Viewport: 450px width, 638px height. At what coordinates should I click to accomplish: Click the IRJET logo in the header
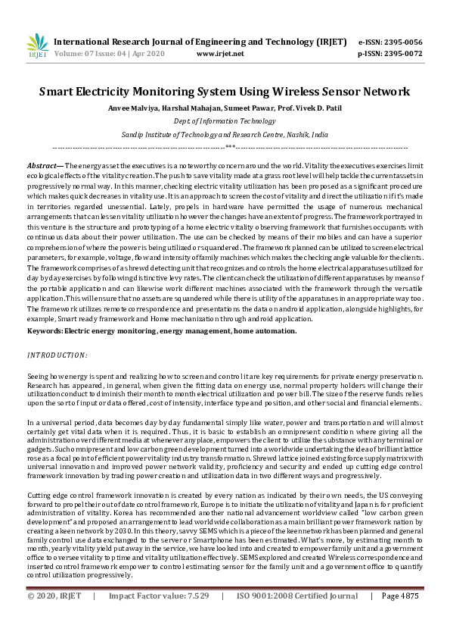click(37, 45)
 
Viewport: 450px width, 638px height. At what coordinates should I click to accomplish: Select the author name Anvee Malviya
click(133, 108)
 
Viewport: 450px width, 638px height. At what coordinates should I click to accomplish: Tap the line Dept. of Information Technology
click(225, 121)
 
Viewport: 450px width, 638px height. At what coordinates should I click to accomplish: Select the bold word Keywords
click(45, 331)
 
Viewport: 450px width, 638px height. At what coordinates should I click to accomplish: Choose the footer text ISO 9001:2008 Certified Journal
click(296, 618)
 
